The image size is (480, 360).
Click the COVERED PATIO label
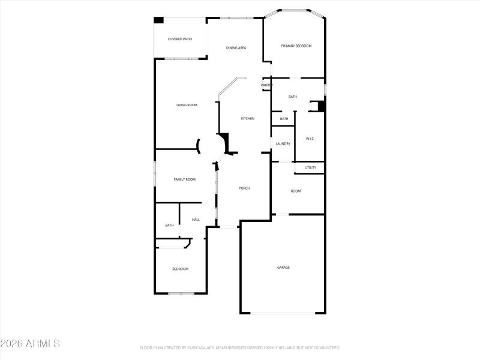click(180, 39)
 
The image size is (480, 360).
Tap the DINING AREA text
click(236, 47)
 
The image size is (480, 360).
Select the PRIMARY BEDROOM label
click(296, 46)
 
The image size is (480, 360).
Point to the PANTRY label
click(266, 85)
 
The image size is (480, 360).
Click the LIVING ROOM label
click(187, 105)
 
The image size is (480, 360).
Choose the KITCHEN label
click(247, 118)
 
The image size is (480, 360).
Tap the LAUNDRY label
click(283, 143)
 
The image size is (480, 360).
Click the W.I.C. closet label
click(310, 139)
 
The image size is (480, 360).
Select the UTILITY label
click(310, 167)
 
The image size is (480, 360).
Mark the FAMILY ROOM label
click(185, 179)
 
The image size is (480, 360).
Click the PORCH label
click(244, 188)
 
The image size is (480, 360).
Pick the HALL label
click(196, 220)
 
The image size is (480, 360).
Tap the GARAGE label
click(283, 267)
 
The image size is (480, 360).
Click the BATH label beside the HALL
click(169, 225)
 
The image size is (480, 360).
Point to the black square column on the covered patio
click(159, 20)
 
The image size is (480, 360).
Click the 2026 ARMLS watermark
click(30, 344)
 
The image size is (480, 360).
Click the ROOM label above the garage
click(296, 191)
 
